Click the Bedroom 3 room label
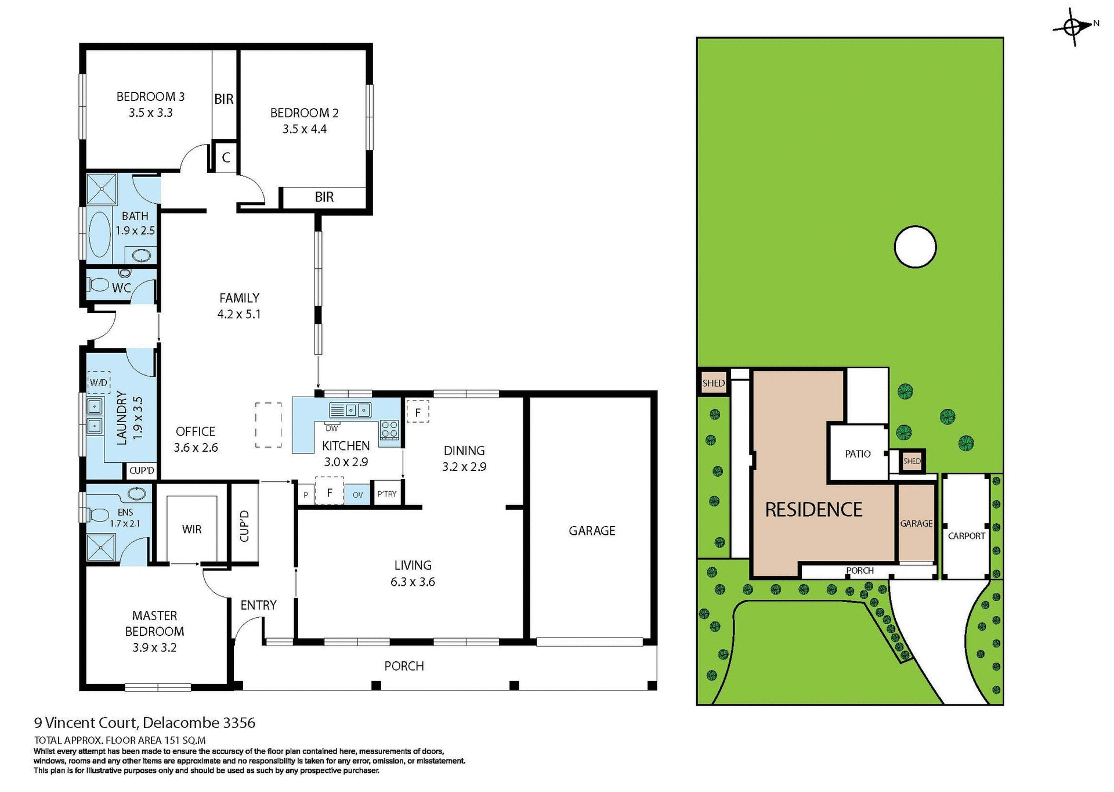click(150, 96)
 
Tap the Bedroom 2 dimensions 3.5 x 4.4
click(304, 129)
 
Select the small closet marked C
click(226, 157)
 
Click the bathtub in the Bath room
click(100, 234)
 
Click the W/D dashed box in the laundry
click(99, 383)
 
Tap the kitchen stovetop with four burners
click(389, 430)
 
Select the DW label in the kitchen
click(332, 429)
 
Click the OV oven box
click(358, 495)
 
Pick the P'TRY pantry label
click(387, 494)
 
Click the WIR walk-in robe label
click(191, 529)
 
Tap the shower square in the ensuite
click(101, 548)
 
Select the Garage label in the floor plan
click(592, 530)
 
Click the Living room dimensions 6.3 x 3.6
click(413, 582)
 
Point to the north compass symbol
click(1073, 26)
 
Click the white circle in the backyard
click(915, 247)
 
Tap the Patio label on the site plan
click(858, 453)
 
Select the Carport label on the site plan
click(966, 536)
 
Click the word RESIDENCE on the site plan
click(813, 510)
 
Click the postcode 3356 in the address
click(239, 723)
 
